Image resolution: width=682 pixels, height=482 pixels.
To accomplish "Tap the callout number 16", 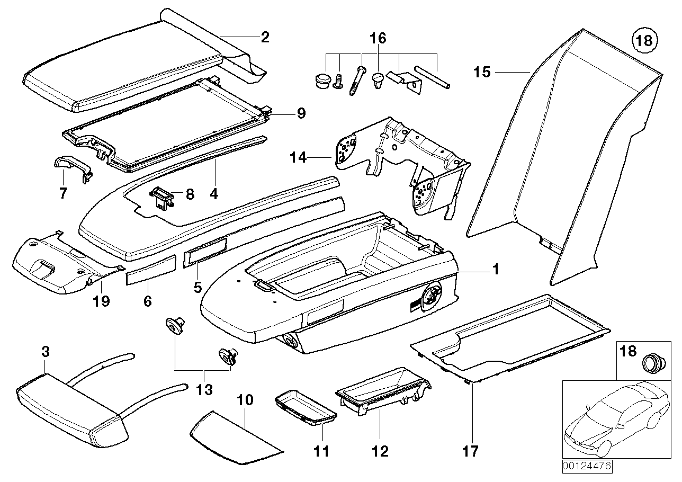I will click(378, 39).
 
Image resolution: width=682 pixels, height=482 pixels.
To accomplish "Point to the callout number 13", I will click(204, 390).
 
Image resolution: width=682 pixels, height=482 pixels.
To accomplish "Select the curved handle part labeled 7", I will click(72, 168).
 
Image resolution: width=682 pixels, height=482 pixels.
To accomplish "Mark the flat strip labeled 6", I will click(150, 270).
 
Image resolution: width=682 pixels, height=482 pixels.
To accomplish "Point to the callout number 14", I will click(298, 157).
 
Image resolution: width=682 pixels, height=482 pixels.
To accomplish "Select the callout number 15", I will click(482, 72).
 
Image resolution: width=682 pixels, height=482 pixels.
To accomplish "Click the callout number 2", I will click(265, 37).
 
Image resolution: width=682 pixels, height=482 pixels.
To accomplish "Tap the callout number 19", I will click(101, 301).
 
